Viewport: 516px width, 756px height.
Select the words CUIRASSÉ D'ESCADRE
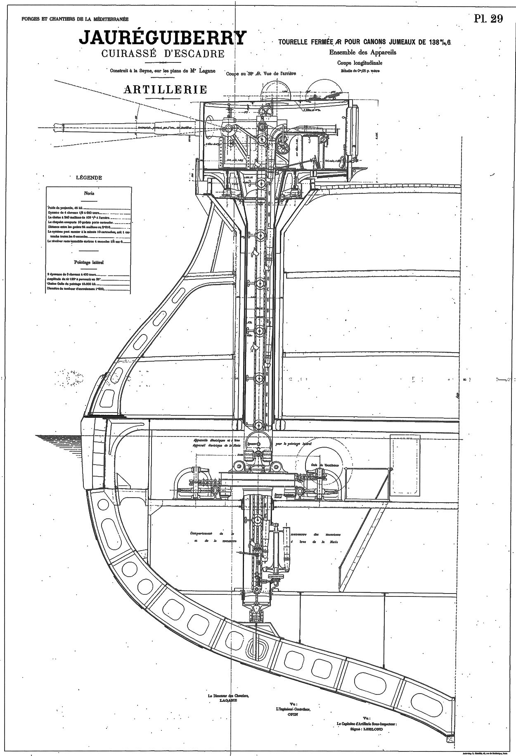[x=163, y=54]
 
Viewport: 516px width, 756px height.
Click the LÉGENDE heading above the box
[x=89, y=178]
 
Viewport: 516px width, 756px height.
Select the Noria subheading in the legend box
[x=89, y=193]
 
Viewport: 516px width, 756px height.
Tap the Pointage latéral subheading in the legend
[x=89, y=262]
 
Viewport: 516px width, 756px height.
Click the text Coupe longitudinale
[x=360, y=63]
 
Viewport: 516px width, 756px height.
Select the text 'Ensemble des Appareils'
[x=359, y=52]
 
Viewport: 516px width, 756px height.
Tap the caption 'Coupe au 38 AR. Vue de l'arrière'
[x=262, y=74]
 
